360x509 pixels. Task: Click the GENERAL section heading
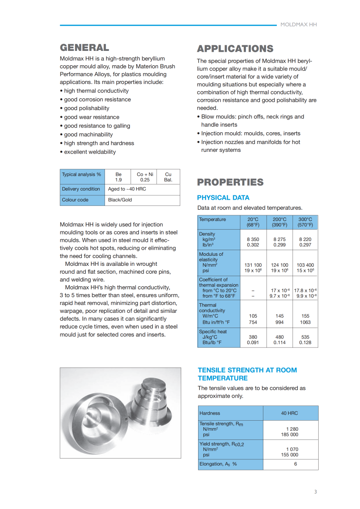(84, 47)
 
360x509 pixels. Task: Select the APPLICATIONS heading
(235, 49)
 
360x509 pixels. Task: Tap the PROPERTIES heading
(230, 182)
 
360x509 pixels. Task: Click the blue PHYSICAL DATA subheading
(223, 198)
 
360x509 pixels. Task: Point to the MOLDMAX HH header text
(299, 25)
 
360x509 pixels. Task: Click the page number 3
(316, 492)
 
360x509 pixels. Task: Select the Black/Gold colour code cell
(120, 200)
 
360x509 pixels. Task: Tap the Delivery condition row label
(81, 189)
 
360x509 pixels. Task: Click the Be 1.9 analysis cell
(118, 177)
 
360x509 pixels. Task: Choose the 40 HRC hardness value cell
(289, 413)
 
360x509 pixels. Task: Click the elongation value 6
(295, 464)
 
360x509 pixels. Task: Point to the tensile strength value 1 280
(292, 429)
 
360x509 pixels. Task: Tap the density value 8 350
(253, 239)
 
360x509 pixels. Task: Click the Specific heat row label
(213, 332)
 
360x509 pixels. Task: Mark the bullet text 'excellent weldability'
(90, 152)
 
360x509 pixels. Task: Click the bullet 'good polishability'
(87, 108)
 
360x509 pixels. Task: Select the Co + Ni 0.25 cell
(145, 177)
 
